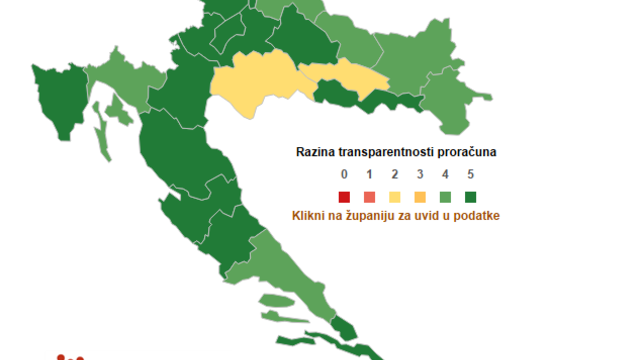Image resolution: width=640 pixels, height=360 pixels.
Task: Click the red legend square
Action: pyautogui.click(x=342, y=196)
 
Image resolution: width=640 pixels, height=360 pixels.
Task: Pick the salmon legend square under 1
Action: pyautogui.click(x=368, y=196)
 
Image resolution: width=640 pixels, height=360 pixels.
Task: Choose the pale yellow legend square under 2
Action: pyautogui.click(x=394, y=196)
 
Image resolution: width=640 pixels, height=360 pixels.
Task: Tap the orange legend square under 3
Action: pyautogui.click(x=420, y=196)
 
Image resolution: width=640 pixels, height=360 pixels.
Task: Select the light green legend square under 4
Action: pyautogui.click(x=446, y=196)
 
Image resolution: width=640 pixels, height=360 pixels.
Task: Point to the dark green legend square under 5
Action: pyautogui.click(x=472, y=196)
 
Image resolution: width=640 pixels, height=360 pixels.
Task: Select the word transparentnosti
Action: pyautogui.click(x=391, y=152)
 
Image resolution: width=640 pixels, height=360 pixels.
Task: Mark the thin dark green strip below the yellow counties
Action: pyautogui.click(x=365, y=100)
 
